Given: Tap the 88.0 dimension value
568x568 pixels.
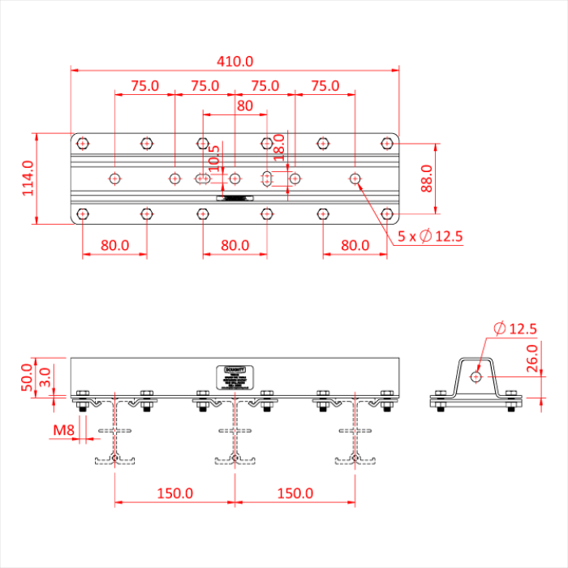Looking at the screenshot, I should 427,179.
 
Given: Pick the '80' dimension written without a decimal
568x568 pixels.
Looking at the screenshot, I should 244,105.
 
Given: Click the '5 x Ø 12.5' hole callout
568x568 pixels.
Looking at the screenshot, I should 430,237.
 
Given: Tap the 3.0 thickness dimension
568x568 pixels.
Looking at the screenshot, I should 46,376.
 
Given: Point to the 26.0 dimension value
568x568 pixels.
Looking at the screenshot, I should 531,358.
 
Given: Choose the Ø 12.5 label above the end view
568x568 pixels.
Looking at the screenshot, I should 514,329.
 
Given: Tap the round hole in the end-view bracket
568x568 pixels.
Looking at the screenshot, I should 475,376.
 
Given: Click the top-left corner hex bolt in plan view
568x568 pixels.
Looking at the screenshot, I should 83,144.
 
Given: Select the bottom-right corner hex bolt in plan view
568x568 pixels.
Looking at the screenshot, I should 387,213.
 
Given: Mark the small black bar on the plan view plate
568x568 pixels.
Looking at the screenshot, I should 235,197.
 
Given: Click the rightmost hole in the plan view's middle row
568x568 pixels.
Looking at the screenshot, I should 355,178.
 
